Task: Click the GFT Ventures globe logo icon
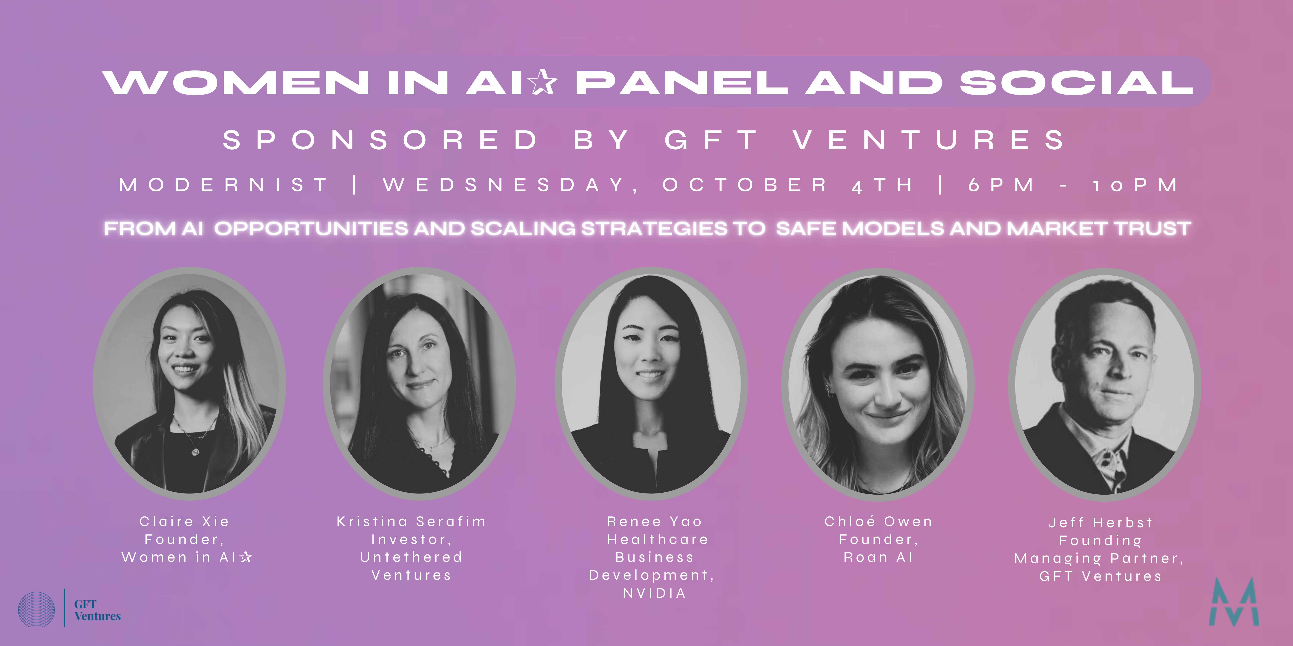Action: pyautogui.click(x=36, y=609)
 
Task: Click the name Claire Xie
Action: pyautogui.click(x=184, y=522)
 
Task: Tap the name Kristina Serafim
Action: pyautogui.click(x=411, y=522)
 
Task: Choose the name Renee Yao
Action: pyautogui.click(x=654, y=522)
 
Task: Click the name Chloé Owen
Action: pyautogui.click(x=878, y=522)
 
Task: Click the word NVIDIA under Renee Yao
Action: pyautogui.click(x=654, y=593)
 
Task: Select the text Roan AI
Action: pyautogui.click(x=878, y=557)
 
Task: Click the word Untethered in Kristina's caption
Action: pyautogui.click(x=411, y=557)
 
